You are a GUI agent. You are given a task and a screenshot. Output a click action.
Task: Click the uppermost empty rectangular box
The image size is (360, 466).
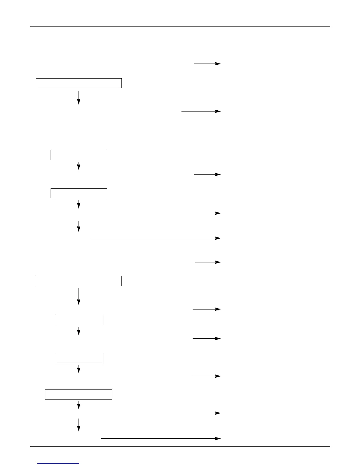point(79,83)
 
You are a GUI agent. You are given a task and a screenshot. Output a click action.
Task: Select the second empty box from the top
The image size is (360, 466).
point(79,155)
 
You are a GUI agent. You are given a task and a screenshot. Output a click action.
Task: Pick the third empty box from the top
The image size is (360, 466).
point(79,193)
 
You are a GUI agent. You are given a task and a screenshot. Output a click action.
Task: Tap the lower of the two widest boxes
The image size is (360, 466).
point(79,281)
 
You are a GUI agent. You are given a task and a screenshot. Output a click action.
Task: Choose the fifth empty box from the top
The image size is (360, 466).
point(79,320)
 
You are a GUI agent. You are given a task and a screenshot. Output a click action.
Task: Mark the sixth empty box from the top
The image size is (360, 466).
point(79,358)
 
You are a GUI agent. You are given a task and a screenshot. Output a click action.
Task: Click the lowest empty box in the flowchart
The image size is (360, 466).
point(78,394)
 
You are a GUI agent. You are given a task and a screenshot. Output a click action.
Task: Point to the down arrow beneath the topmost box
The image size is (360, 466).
point(79,98)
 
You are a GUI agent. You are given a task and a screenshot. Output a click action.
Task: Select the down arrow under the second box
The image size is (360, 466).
point(79,166)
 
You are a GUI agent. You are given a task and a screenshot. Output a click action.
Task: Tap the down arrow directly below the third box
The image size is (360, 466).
point(79,204)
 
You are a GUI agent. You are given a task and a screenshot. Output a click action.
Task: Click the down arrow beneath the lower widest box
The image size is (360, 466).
point(79,297)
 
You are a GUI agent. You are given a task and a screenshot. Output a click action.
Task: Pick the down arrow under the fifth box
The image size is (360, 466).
point(79,332)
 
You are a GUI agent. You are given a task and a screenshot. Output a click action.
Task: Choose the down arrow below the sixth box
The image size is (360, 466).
point(79,369)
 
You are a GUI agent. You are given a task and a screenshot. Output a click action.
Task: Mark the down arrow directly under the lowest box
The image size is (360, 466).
point(79,405)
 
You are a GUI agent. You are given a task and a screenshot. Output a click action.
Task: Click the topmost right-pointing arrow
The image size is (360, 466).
point(207,64)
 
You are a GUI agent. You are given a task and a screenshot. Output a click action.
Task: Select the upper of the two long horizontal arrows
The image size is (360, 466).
point(156,238)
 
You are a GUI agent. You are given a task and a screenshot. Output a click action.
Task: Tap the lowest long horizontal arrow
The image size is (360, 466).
point(161,438)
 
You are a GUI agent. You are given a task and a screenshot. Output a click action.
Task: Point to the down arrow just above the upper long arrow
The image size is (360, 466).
point(79,227)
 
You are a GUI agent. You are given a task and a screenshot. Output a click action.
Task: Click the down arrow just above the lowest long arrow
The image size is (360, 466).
point(79,425)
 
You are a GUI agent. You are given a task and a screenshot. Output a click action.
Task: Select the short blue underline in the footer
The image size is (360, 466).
point(58,463)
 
